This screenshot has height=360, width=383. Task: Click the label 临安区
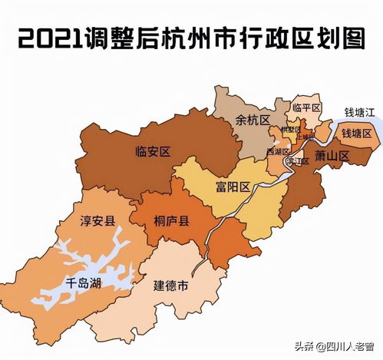[x=151, y=150]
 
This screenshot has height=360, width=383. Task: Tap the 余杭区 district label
[x=253, y=121]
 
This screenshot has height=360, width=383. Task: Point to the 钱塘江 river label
[x=358, y=113]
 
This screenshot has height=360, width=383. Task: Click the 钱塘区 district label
[x=356, y=134]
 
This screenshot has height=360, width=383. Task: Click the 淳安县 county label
[x=97, y=220]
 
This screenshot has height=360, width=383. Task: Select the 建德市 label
[x=171, y=286]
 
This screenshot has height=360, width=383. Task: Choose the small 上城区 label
[x=305, y=137]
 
